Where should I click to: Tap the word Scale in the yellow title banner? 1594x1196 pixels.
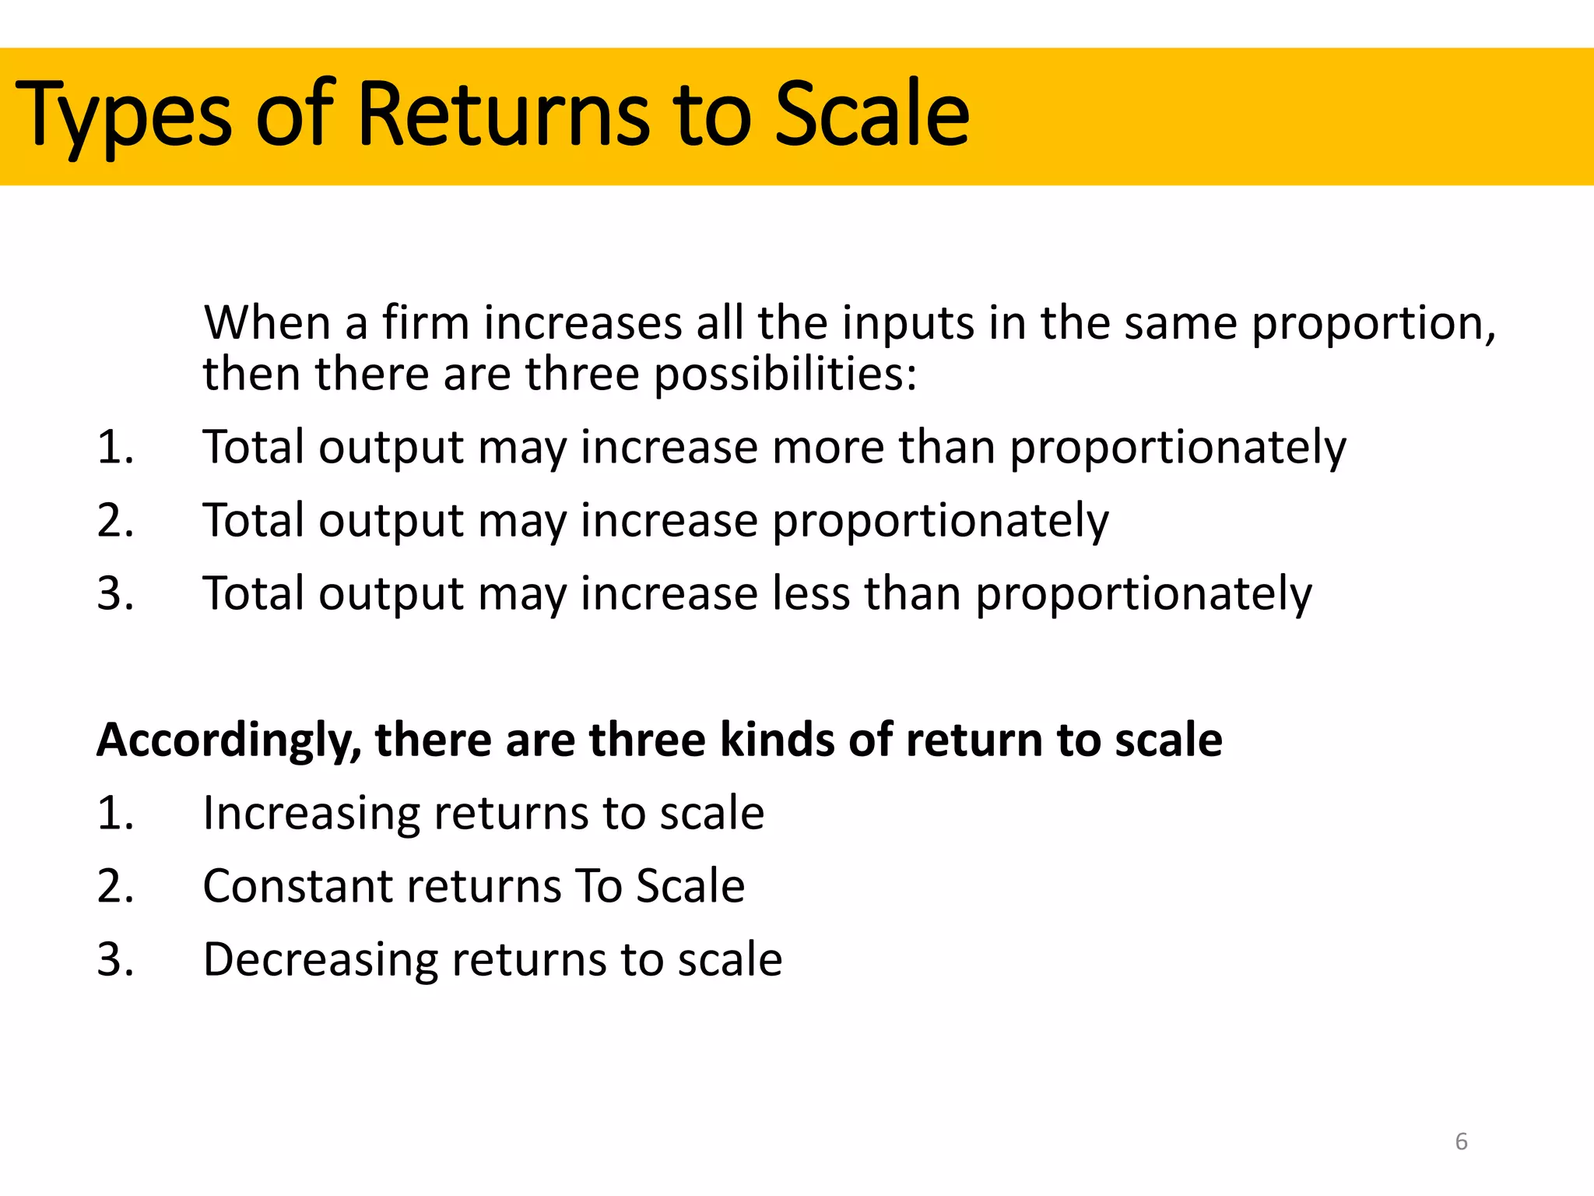click(x=872, y=115)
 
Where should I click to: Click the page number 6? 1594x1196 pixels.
click(x=1461, y=1141)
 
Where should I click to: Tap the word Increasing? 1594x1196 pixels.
click(x=311, y=814)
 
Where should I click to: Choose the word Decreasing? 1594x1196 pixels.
click(x=320, y=960)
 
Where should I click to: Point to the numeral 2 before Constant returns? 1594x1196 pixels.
click(x=109, y=887)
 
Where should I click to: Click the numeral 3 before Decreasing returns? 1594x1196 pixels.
click(x=109, y=960)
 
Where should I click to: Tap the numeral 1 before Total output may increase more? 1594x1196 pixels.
click(x=109, y=448)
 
